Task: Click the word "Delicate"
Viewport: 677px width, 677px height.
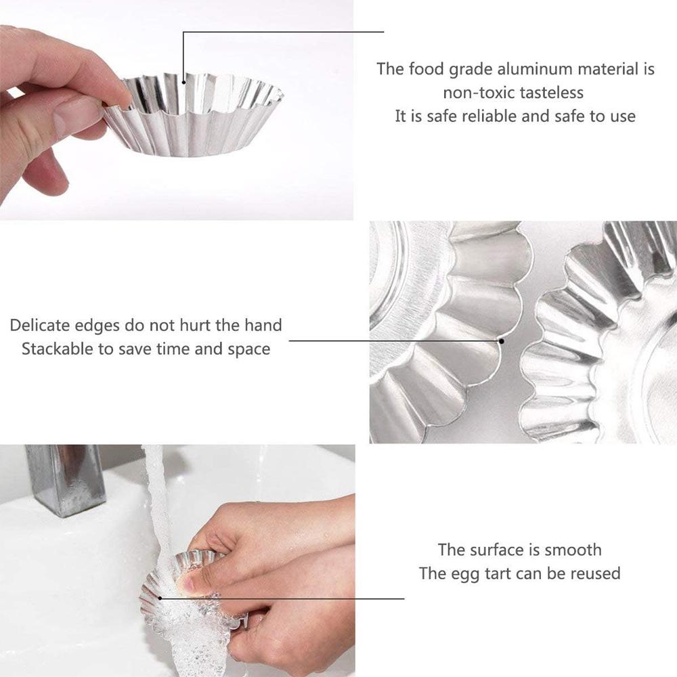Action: [x=39, y=326]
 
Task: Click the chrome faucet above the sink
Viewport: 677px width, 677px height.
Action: [x=64, y=477]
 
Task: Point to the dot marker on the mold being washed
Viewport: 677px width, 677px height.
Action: [x=160, y=597]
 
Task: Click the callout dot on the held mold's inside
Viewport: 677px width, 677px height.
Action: [x=183, y=83]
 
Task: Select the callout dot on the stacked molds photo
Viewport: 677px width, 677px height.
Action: [x=502, y=341]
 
